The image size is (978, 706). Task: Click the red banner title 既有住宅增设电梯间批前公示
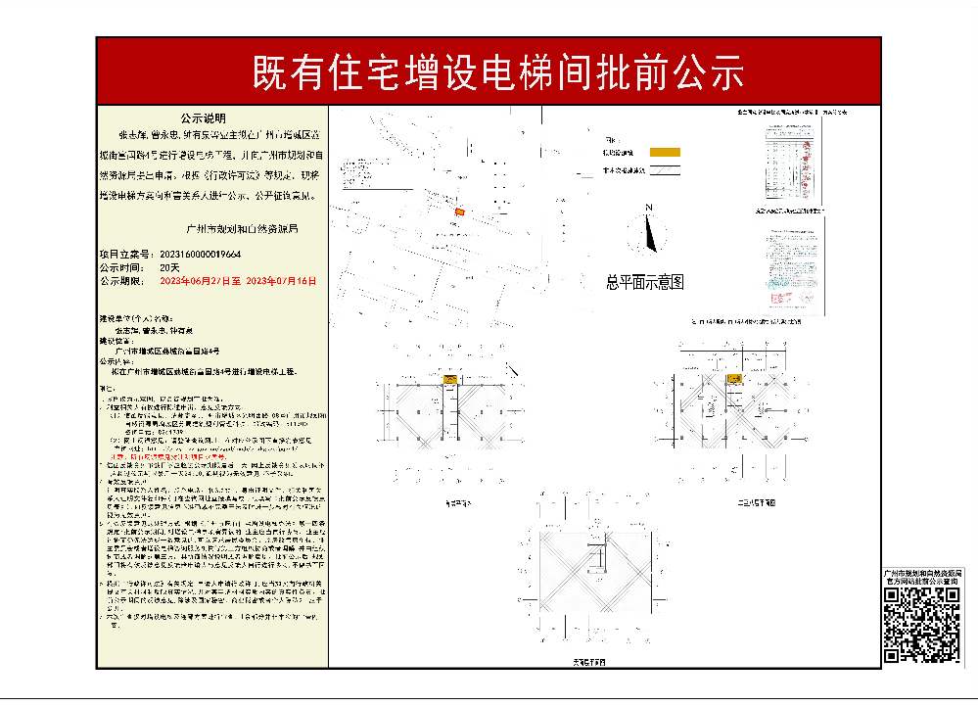pyautogui.click(x=498, y=71)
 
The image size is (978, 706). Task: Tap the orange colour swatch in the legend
pyautogui.click(x=666, y=153)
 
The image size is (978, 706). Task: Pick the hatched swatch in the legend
pyautogui.click(x=666, y=169)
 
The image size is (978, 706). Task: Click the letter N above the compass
pyautogui.click(x=648, y=208)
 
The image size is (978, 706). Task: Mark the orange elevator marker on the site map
pyautogui.click(x=459, y=211)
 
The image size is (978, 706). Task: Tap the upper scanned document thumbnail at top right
pyautogui.click(x=788, y=162)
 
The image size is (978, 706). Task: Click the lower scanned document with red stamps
pyautogui.click(x=788, y=265)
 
